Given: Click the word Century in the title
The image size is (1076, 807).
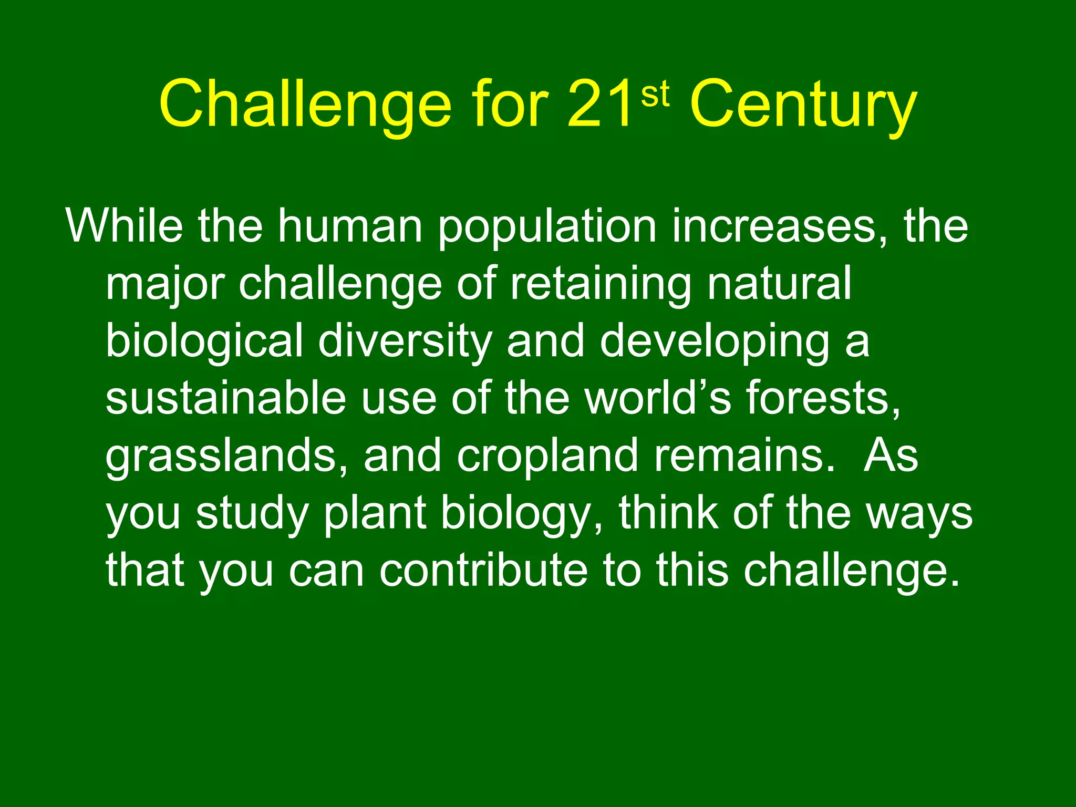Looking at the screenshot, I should [803, 105].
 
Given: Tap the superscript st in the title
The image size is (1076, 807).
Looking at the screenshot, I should [655, 95].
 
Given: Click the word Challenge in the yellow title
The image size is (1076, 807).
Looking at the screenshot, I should [305, 105].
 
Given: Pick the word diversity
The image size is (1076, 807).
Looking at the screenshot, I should [405, 342].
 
